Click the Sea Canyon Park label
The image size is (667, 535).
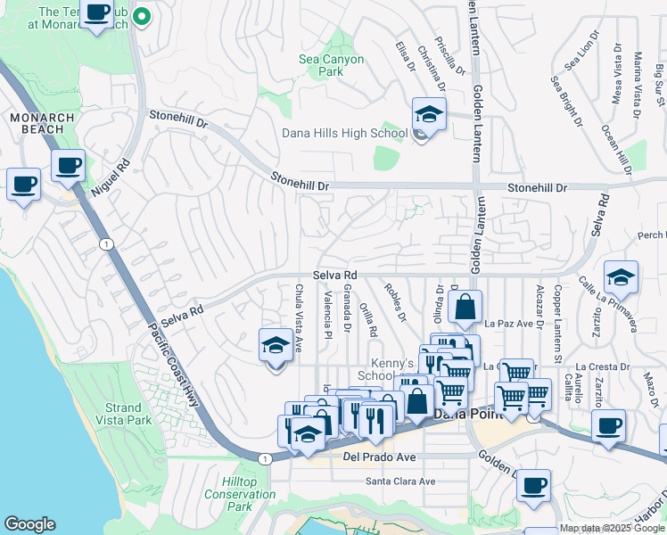click(x=331, y=65)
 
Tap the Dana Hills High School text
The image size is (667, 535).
click(x=344, y=134)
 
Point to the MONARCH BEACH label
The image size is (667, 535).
click(x=37, y=123)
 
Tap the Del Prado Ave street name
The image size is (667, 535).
click(x=380, y=458)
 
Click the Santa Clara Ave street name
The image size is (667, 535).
click(x=400, y=481)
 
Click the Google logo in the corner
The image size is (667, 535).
click(x=29, y=524)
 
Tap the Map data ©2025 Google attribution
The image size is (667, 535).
click(x=612, y=529)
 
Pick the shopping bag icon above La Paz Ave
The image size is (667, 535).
click(x=465, y=309)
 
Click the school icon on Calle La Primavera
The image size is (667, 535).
click(x=621, y=277)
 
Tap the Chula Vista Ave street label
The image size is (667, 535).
click(x=300, y=317)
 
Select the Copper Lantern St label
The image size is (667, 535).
click(x=557, y=312)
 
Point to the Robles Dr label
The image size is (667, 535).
click(x=395, y=304)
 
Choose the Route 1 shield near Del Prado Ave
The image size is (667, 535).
click(x=265, y=458)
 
